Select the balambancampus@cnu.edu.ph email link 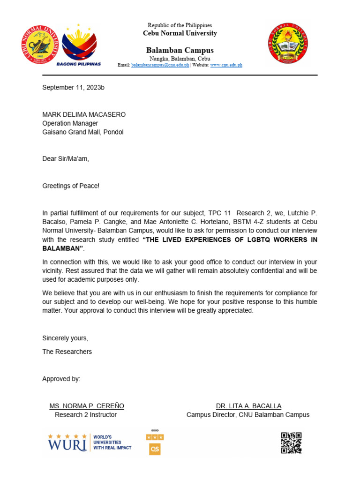coord(160,65)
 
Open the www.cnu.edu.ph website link coord(226,65)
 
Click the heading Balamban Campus coord(180,50)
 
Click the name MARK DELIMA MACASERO coord(84,114)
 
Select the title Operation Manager coord(70,123)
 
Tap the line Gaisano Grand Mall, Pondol coord(83,132)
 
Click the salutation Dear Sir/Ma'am coord(66,159)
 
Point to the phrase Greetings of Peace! coord(71,186)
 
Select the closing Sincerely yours coord(65,338)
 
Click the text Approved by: coord(61,379)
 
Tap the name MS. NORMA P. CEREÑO coord(87,406)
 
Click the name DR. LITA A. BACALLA coord(248,406)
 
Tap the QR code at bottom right coord(291,442)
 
